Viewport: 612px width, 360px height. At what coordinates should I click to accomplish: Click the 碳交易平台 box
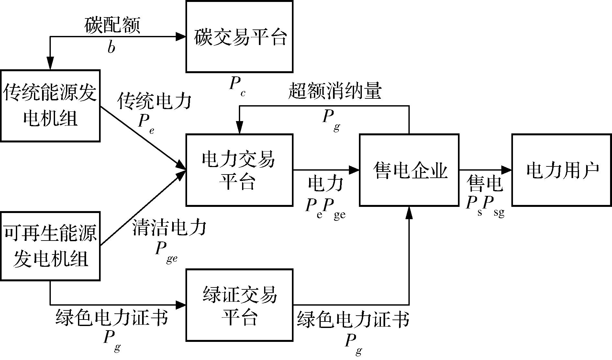click(239, 37)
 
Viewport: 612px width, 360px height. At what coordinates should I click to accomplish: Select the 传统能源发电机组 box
click(50, 106)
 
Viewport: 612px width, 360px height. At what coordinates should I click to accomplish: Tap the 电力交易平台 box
click(239, 170)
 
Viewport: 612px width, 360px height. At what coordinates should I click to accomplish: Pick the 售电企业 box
click(409, 170)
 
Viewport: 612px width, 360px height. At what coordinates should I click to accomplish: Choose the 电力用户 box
click(562, 170)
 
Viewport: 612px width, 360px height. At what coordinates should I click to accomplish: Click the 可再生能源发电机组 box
click(50, 246)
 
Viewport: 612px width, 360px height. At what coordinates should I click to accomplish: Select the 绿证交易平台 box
click(239, 305)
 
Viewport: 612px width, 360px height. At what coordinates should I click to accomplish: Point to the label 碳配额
click(112, 25)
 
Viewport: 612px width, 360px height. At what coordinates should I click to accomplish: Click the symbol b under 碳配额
click(111, 47)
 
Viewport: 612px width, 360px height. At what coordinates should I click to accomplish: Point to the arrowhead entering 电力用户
click(507, 170)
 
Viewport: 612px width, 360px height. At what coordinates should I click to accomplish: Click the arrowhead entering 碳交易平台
click(181, 37)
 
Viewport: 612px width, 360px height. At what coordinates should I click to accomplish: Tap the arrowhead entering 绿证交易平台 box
click(181, 304)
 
